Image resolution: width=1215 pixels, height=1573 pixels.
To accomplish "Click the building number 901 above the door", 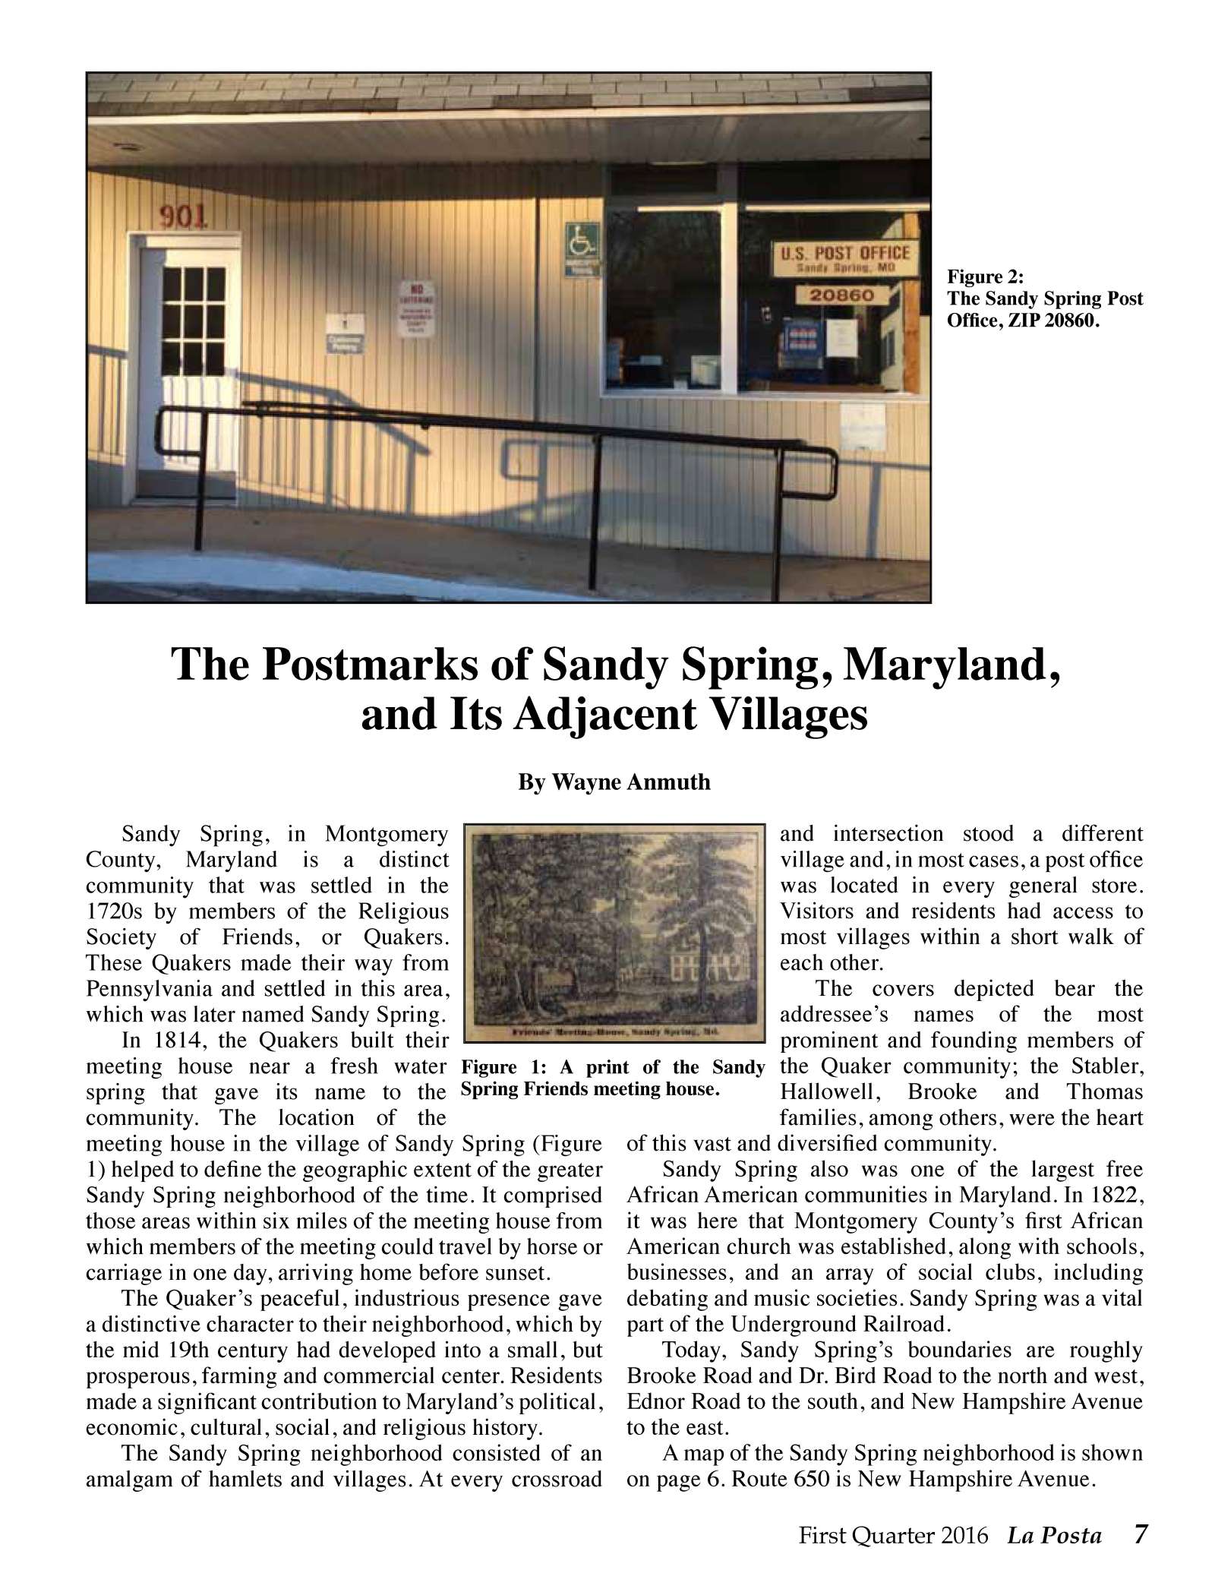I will click(183, 217).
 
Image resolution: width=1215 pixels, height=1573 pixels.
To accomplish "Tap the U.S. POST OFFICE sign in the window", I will click(841, 259).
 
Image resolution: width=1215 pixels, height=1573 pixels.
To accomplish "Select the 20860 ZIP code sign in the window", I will click(841, 295).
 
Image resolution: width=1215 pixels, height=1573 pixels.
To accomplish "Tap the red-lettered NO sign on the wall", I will click(418, 309).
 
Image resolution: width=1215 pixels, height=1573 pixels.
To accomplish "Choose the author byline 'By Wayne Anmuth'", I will click(614, 782).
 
